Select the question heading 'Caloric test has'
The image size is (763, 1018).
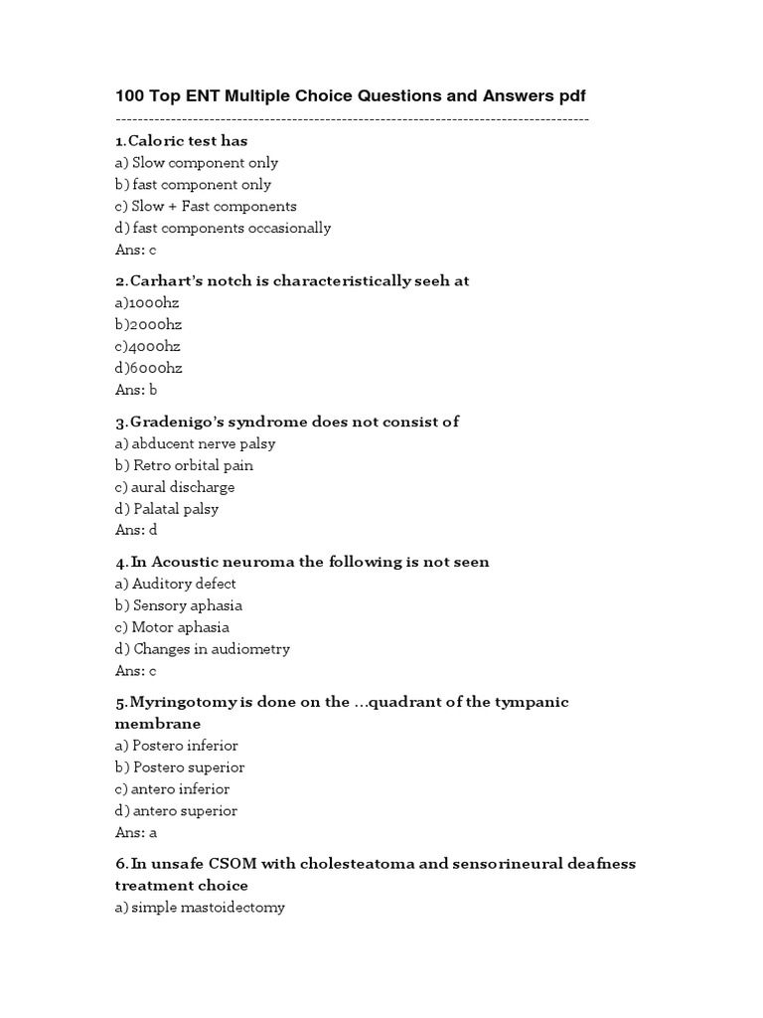point(183,140)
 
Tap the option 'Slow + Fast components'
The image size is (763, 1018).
point(206,206)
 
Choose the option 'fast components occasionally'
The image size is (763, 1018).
point(223,228)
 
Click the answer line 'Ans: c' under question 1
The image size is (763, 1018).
point(136,250)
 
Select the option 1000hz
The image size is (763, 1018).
point(147,302)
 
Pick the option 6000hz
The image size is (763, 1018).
point(149,368)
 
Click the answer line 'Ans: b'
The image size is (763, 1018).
point(136,390)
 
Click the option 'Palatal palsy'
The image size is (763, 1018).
point(167,509)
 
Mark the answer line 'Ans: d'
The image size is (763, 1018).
point(136,530)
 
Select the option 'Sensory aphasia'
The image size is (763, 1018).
point(179,605)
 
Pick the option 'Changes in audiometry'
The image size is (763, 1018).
point(203,649)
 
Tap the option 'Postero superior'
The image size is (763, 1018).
point(180,767)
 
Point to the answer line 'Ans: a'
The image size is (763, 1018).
point(136,832)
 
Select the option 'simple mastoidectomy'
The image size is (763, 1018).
point(200,907)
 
